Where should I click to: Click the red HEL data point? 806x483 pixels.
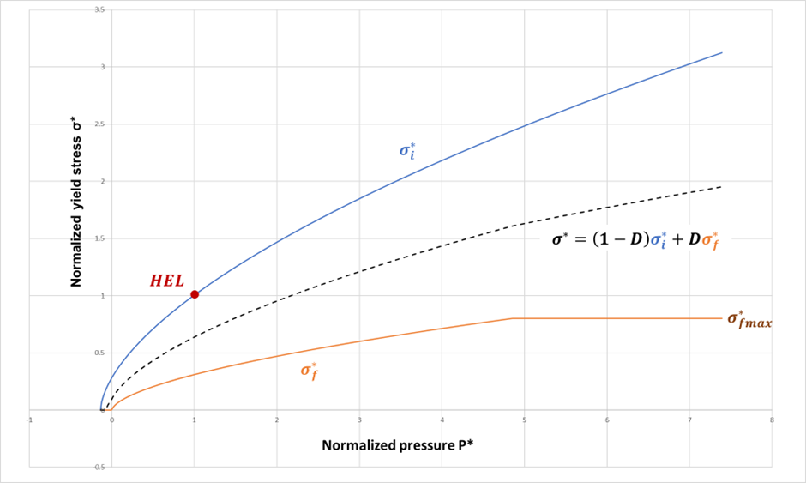pyautogui.click(x=195, y=294)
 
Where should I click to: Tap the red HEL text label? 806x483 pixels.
pyautogui.click(x=167, y=281)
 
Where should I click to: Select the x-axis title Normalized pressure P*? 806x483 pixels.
pyautogui.click(x=400, y=445)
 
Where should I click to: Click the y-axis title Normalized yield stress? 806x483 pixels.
pyautogui.click(x=76, y=207)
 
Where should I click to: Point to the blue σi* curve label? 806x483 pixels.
pyautogui.click(x=407, y=150)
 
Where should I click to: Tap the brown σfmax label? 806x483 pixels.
pyautogui.click(x=749, y=319)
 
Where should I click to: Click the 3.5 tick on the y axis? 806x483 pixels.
pyautogui.click(x=99, y=9)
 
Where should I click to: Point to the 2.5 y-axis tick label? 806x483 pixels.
pyautogui.click(x=99, y=124)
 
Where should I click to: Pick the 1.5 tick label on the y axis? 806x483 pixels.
pyautogui.click(x=99, y=238)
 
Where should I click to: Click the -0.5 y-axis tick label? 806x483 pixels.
pyautogui.click(x=99, y=468)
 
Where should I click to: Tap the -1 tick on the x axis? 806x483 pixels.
pyautogui.click(x=28, y=420)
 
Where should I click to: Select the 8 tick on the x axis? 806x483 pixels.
pyautogui.click(x=773, y=420)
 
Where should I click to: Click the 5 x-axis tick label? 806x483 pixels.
pyautogui.click(x=524, y=420)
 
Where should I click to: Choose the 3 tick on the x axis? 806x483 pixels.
pyautogui.click(x=359, y=420)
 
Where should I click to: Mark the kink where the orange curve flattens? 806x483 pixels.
pyautogui.click(x=512, y=318)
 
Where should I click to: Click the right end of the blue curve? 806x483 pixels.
pyautogui.click(x=722, y=52)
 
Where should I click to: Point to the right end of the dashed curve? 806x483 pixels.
pyautogui.click(x=722, y=186)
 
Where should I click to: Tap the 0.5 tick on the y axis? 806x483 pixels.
pyautogui.click(x=99, y=353)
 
